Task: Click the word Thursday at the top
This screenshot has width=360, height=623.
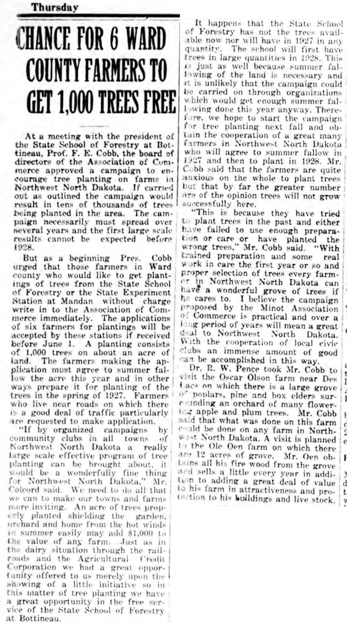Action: click(x=54, y=7)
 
